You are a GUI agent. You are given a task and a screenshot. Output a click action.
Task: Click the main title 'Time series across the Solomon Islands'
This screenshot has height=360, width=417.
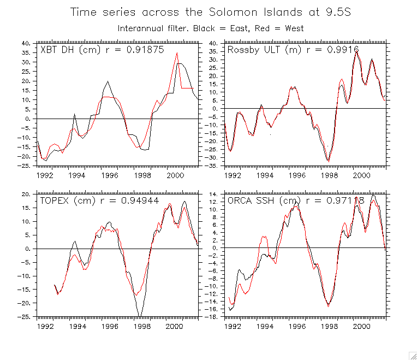pyautogui.click(x=210, y=13)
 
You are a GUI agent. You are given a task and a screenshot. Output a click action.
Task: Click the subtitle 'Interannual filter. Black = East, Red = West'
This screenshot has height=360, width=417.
pyautogui.click(x=211, y=28)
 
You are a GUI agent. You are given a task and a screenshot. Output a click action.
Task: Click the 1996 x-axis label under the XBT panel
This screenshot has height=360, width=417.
pyautogui.click(x=109, y=176)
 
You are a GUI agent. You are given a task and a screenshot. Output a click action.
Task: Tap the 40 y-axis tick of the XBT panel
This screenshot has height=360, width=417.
pyautogui.click(x=26, y=43)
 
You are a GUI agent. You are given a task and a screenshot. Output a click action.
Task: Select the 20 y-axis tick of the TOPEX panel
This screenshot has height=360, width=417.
pyautogui.click(x=26, y=194)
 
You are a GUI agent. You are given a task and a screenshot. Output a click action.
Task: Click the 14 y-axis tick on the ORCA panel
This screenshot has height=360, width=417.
pyautogui.click(x=215, y=194)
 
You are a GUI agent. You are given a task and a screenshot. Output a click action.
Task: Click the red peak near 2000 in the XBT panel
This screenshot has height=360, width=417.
pyautogui.click(x=177, y=53)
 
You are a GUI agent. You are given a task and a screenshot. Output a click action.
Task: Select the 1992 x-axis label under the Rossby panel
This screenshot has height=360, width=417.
pyautogui.click(x=234, y=176)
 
